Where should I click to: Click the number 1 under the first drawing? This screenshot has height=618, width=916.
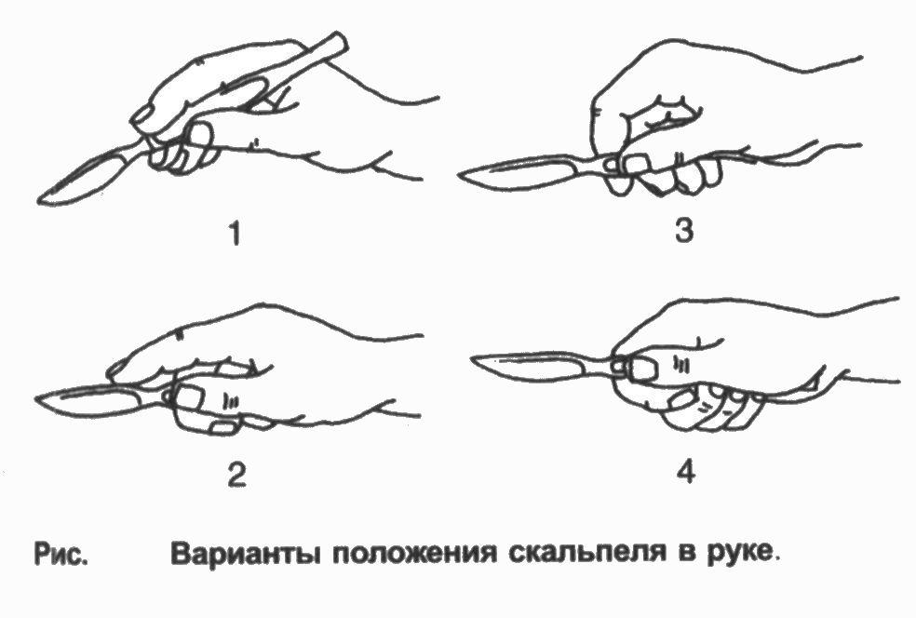[235, 235]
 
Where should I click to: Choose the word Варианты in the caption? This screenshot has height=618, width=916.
[247, 553]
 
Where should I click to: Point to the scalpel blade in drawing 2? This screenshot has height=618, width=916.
[88, 401]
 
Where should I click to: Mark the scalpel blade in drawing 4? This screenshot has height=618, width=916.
[529, 365]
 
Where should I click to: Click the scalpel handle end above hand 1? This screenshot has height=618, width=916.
[337, 44]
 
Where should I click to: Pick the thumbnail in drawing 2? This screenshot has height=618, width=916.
[187, 397]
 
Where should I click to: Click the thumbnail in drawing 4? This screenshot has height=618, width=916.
[641, 369]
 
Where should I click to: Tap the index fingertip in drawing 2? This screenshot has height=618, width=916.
[117, 371]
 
